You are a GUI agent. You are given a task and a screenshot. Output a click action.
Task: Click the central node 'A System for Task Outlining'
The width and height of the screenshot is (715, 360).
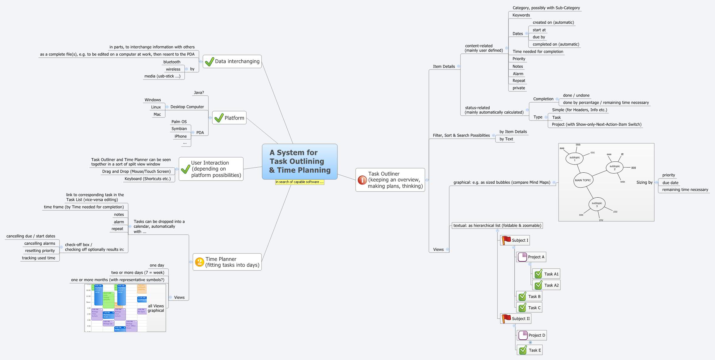click(x=299, y=161)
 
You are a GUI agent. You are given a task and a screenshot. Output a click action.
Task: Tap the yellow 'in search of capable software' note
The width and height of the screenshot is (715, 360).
click(x=299, y=182)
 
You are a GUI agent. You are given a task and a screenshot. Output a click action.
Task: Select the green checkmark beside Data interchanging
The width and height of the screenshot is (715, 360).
click(x=209, y=62)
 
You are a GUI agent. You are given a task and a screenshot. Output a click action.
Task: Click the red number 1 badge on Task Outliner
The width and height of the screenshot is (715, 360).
click(x=362, y=180)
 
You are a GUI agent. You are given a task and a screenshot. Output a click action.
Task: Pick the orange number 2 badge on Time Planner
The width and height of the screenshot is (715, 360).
click(x=200, y=262)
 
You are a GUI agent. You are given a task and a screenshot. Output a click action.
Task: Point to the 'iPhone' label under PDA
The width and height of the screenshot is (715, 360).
click(x=180, y=136)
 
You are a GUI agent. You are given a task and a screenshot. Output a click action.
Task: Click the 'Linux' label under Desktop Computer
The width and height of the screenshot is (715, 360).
click(x=156, y=107)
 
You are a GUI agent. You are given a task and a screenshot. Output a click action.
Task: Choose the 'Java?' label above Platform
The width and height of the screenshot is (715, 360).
click(x=199, y=93)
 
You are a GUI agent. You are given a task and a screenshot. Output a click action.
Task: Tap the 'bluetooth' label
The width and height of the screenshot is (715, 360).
click(x=172, y=62)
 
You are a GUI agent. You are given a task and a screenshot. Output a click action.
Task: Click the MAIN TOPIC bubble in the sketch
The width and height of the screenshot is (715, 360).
click(x=583, y=180)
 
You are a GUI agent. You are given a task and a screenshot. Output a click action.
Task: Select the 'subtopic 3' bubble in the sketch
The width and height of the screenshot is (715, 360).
click(x=597, y=205)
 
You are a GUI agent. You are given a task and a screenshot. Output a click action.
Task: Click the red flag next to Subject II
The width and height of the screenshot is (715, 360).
click(x=506, y=318)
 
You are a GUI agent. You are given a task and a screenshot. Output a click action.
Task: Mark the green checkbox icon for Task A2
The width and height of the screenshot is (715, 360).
click(x=538, y=285)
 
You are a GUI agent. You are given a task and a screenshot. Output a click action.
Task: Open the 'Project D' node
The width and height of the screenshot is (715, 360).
click(x=536, y=335)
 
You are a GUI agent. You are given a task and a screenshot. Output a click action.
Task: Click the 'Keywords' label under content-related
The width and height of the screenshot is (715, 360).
click(x=521, y=15)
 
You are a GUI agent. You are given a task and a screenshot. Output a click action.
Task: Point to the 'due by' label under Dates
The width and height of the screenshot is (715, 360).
click(x=539, y=37)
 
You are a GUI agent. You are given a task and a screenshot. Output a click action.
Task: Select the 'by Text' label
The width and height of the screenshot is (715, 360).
click(x=506, y=139)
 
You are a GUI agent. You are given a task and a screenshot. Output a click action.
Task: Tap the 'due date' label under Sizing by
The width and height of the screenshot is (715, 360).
click(x=670, y=183)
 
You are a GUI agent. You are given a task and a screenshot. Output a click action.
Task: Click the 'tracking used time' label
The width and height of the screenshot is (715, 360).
click(x=39, y=258)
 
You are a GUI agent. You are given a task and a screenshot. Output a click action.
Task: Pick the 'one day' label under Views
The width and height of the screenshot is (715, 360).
click(x=157, y=265)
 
